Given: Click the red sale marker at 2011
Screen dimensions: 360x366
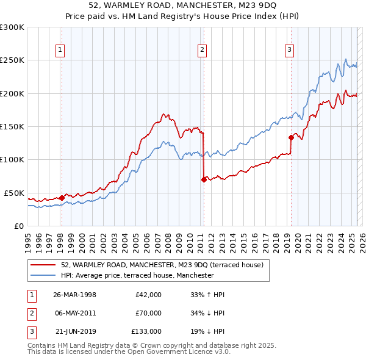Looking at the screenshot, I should click(x=204, y=179).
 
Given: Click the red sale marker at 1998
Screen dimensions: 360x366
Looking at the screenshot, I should click(x=62, y=198).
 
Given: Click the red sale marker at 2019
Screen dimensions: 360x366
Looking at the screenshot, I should click(x=292, y=137).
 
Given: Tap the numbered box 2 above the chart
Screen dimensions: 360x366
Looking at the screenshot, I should click(x=202, y=51).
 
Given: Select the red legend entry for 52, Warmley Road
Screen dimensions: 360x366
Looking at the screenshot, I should click(x=161, y=265).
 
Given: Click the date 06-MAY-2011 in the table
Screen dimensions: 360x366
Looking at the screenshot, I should click(x=75, y=313).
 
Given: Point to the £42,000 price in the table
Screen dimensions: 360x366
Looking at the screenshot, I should click(x=148, y=295).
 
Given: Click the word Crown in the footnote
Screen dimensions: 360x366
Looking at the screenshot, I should click(x=151, y=345).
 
